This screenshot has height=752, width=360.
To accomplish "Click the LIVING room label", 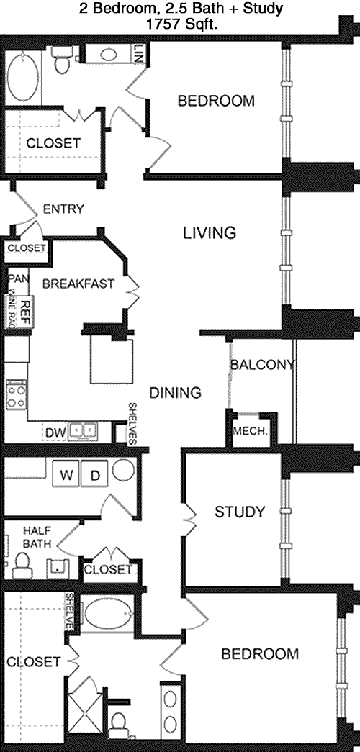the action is coord(210,233).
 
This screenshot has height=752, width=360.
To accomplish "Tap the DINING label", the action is coord(175,393).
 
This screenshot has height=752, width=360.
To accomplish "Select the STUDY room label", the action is coord(240,512).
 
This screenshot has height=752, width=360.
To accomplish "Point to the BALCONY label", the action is coord(262,365).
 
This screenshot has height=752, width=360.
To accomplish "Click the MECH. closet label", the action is coord(250,431).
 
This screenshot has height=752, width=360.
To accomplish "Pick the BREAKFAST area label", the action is coord(78,284).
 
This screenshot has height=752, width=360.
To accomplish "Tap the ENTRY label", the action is coord(63,209).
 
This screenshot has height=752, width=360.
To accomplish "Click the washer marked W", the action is coord(66,475).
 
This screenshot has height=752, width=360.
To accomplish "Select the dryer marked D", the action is coord(95,475).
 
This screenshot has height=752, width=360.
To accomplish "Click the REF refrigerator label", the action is coord(26,306).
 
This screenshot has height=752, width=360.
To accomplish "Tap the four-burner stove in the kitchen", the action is coord(16,394).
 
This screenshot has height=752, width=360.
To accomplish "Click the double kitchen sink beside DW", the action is coord(83,431).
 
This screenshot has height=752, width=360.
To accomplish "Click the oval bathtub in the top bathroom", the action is coord(22,77).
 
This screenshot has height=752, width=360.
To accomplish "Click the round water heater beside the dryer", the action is coord(124,471).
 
